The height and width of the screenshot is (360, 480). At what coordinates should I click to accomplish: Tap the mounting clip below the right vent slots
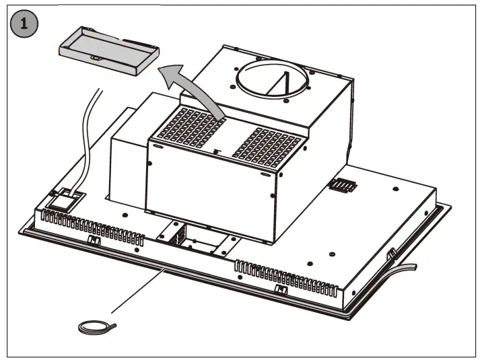pyautogui.click(x=279, y=289)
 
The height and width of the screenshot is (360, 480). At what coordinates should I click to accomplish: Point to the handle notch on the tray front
pyautogui.click(x=97, y=58)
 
